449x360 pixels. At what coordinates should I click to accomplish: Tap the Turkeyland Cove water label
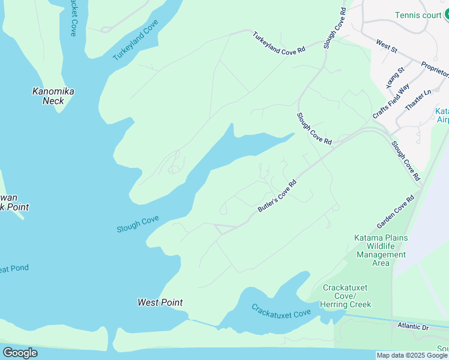pyautogui.click(x=135, y=40)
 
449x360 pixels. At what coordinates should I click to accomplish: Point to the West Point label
pyautogui.click(x=160, y=302)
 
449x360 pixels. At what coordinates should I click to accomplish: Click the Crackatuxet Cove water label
pyautogui.click(x=281, y=311)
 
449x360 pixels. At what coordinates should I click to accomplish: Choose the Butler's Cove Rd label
pyautogui.click(x=277, y=196)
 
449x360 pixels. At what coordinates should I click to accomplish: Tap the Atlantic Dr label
pyautogui.click(x=414, y=326)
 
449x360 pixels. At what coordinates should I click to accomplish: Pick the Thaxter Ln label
pyautogui.click(x=418, y=100)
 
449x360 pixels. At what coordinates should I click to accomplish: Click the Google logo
pyautogui.click(x=20, y=353)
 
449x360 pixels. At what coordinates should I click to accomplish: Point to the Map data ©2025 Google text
pyautogui.click(x=412, y=355)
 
